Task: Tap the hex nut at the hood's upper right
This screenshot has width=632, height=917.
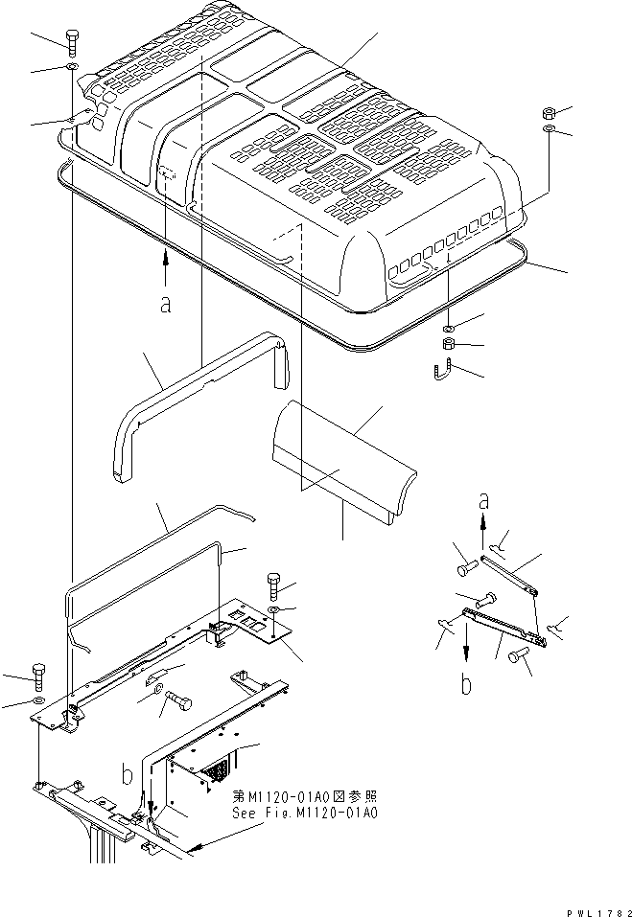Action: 547,113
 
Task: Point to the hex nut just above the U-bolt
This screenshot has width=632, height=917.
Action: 448,344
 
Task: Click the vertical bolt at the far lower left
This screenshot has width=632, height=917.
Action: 38,676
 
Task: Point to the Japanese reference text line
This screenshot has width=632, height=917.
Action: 305,796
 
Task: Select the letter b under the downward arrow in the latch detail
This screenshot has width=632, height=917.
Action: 467,684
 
